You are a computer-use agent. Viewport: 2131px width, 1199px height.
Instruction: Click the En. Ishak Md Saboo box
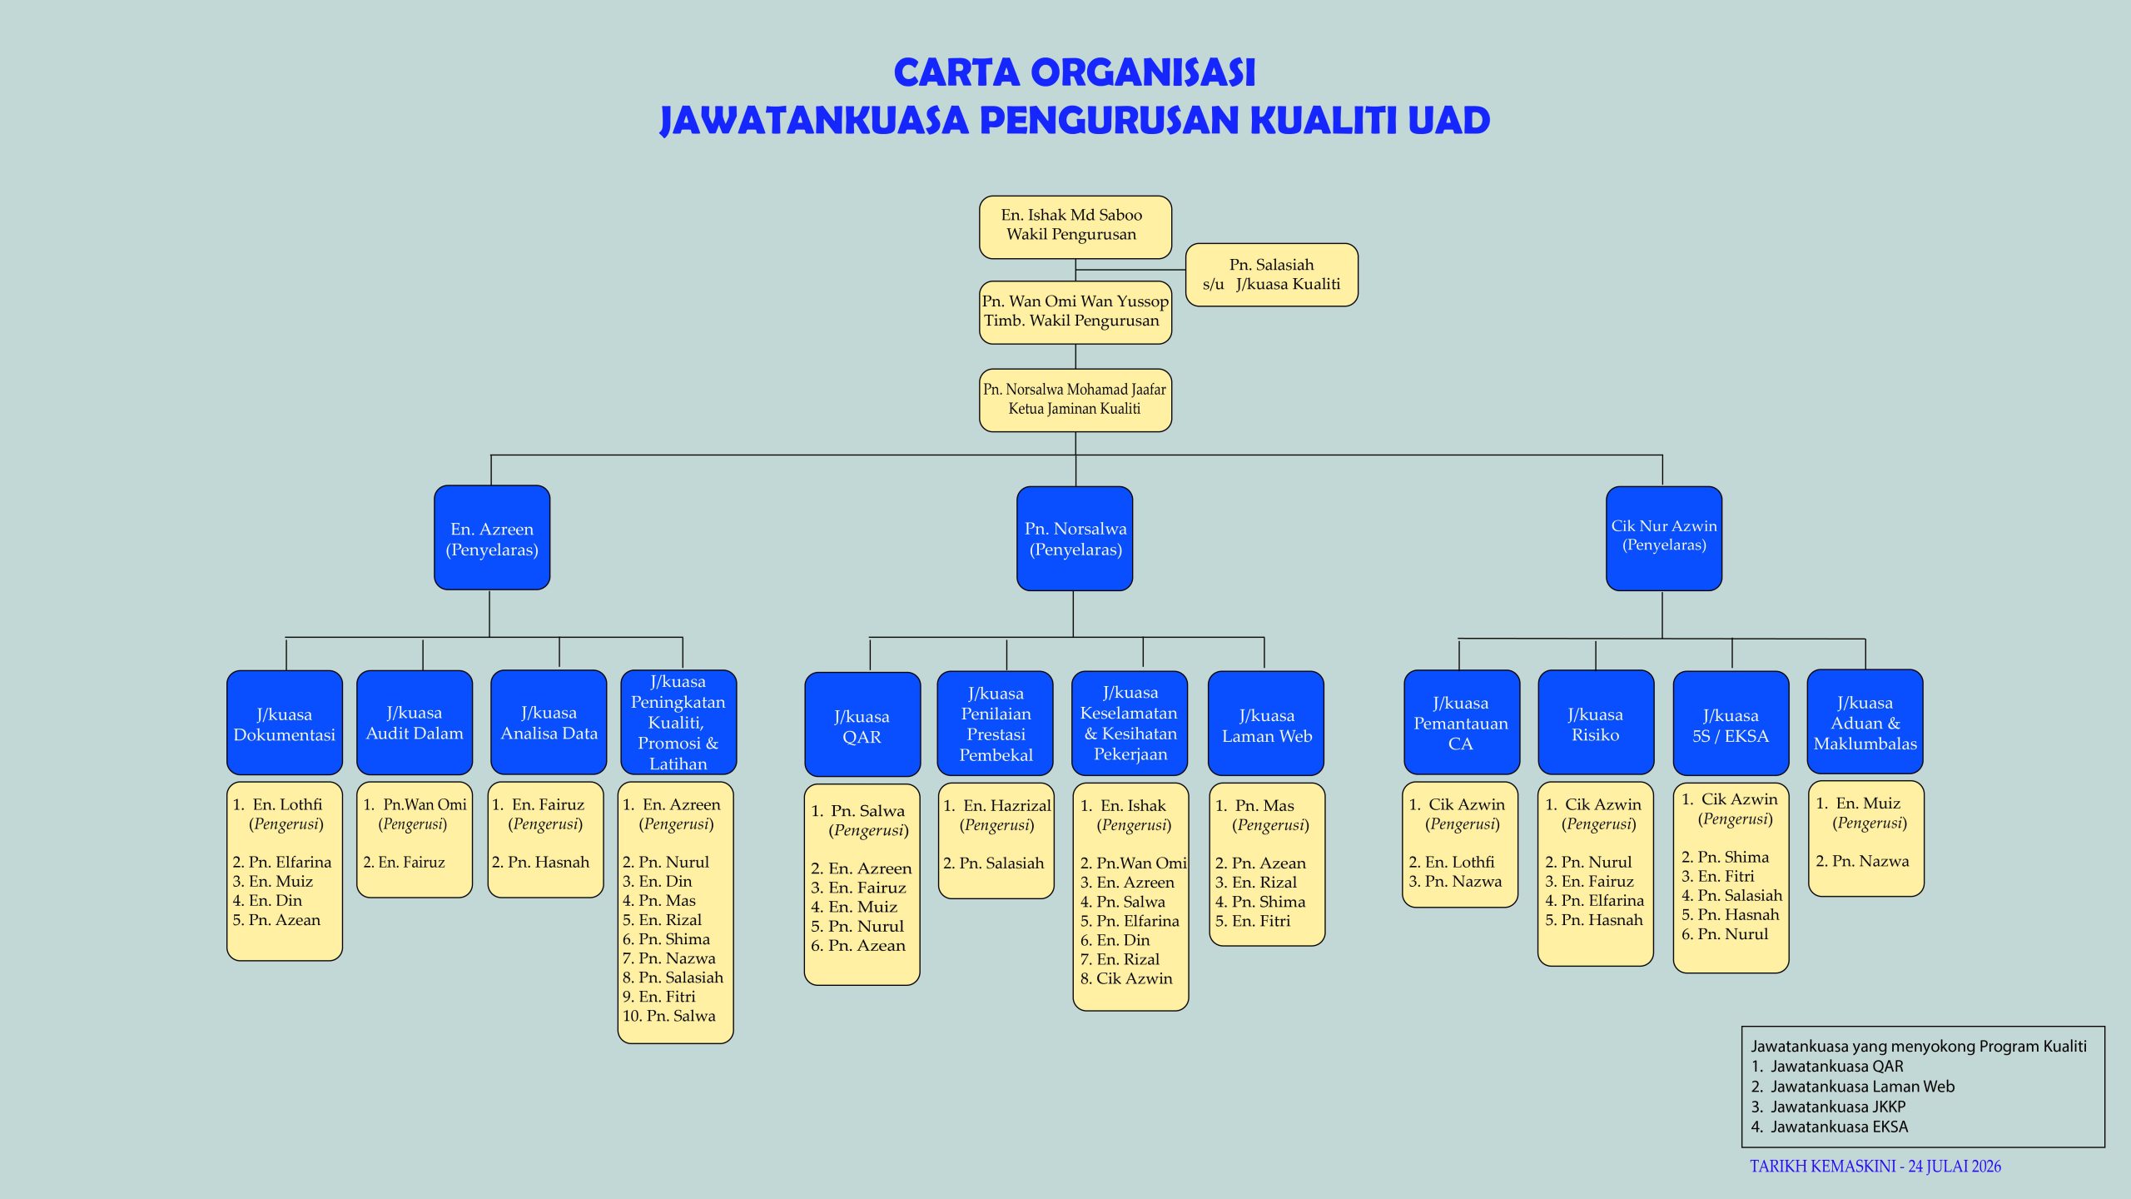click(1075, 227)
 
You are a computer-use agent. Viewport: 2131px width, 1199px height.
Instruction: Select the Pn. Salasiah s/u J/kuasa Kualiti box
click(1271, 275)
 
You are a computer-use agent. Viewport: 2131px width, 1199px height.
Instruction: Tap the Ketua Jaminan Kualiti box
click(1075, 400)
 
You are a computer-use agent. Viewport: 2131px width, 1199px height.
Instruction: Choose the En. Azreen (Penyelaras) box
click(492, 538)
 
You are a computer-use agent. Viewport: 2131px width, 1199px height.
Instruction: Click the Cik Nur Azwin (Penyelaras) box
click(1664, 538)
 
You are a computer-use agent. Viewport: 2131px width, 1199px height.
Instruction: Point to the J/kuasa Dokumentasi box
click(285, 723)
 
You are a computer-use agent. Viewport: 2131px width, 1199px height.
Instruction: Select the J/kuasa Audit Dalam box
click(415, 723)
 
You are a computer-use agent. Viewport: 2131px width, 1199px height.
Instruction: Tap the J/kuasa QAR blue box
click(862, 724)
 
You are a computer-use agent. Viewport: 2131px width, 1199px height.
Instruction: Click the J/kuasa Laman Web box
click(1266, 724)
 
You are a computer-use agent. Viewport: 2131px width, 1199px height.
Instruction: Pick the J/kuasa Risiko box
click(1596, 723)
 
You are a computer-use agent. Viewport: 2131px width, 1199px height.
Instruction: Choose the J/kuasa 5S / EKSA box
click(1731, 724)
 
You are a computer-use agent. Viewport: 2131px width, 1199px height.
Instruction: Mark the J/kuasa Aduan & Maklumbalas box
click(1865, 722)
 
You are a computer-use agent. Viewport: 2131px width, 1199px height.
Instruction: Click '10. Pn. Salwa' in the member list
click(669, 1016)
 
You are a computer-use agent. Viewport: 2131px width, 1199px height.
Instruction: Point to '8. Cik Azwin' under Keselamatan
click(1126, 978)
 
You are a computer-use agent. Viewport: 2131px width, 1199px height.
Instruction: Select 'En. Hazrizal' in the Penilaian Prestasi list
click(1007, 805)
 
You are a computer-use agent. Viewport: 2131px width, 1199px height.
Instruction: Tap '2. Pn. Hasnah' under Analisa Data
click(540, 862)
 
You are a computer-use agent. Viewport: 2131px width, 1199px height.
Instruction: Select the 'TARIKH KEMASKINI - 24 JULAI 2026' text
click(1875, 1167)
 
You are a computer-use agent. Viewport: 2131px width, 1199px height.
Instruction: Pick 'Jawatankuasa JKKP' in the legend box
click(1838, 1107)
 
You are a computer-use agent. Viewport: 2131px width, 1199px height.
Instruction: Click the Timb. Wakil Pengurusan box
click(1075, 312)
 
